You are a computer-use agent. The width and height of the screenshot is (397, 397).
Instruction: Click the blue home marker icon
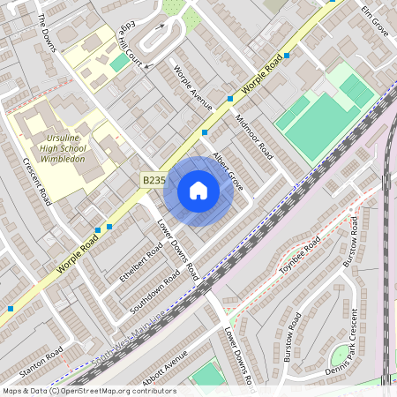(198, 191)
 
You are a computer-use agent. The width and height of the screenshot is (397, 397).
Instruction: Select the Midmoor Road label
(254, 133)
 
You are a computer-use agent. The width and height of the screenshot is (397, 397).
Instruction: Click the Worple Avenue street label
(194, 87)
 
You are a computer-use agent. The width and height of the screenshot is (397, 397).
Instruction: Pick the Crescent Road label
(36, 181)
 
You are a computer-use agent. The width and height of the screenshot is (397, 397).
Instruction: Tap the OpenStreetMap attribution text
(88, 391)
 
